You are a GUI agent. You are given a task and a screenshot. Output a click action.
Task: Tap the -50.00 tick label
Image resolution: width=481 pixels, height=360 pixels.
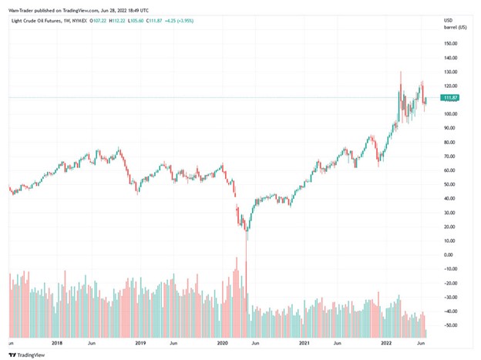(x=450, y=325)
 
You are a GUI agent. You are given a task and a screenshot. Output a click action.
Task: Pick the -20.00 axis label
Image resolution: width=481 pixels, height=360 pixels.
(x=450, y=283)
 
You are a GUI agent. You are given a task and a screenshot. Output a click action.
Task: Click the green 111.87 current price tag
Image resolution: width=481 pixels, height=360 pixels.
(x=450, y=98)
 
